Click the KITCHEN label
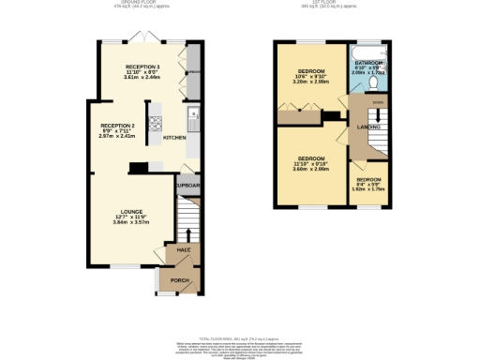pyautogui.click(x=175, y=138)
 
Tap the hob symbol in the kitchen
pyautogui.click(x=155, y=128)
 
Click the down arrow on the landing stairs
pyautogui.click(x=377, y=101)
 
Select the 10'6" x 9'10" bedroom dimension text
pyautogui.click(x=310, y=77)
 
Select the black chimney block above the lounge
pyautogui.click(x=139, y=169)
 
